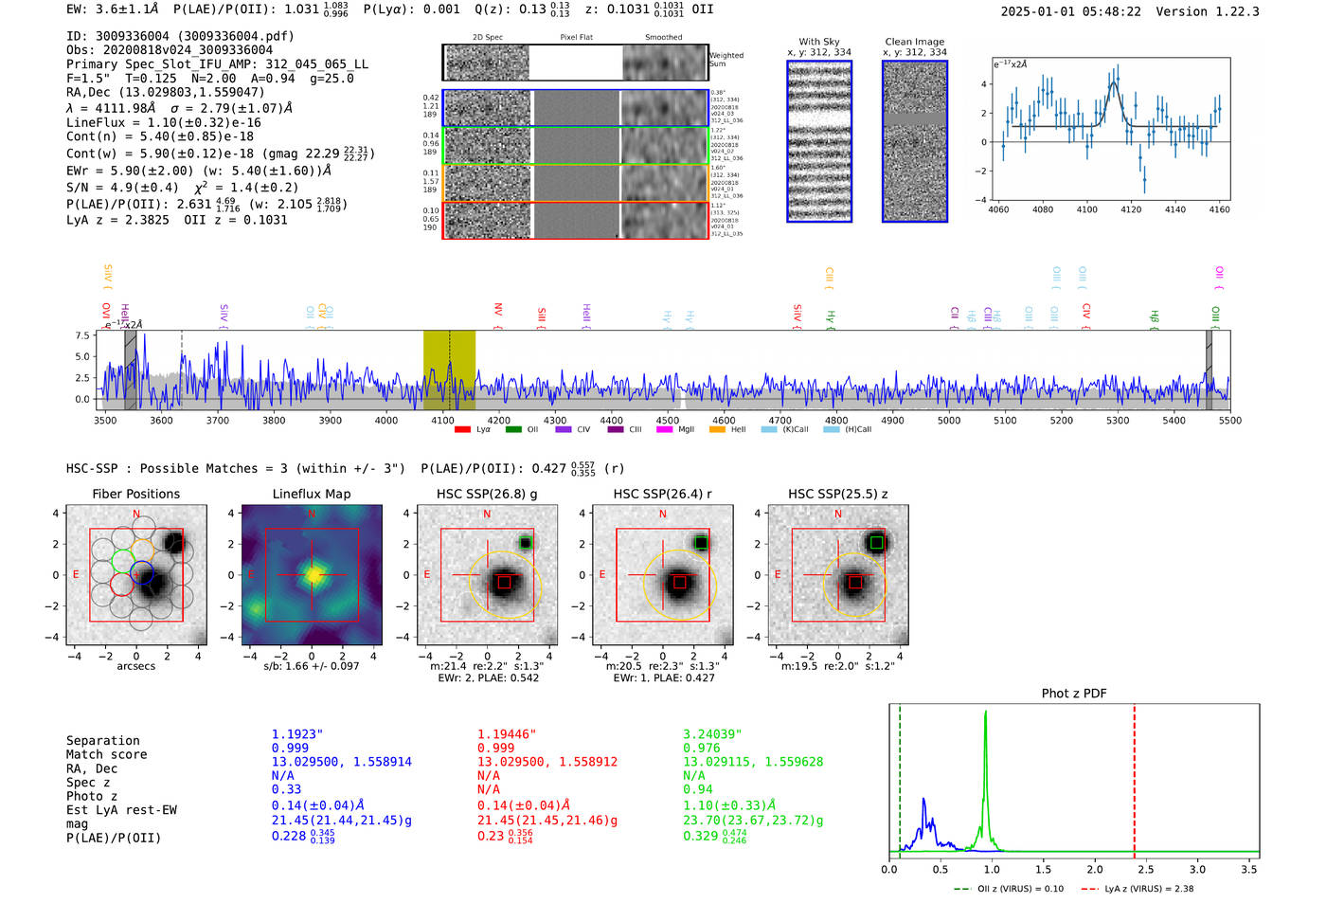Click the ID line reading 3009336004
coord(180,36)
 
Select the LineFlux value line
coord(163,122)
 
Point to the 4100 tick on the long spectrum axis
coord(442,420)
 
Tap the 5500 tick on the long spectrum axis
coord(1229,420)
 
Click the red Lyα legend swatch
coord(462,430)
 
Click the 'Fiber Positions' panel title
coord(135,494)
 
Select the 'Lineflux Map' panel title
coord(311,494)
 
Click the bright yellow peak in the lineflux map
coord(313,574)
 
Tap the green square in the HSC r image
coord(701,543)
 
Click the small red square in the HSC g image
coord(504,582)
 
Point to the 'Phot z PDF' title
coord(1074,694)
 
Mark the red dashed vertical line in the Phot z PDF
coord(1134,777)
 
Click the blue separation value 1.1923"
coord(297,734)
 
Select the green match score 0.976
coord(701,749)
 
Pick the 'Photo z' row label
coord(92,796)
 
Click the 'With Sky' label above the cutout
coord(818,42)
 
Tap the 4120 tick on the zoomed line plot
coord(1131,209)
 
